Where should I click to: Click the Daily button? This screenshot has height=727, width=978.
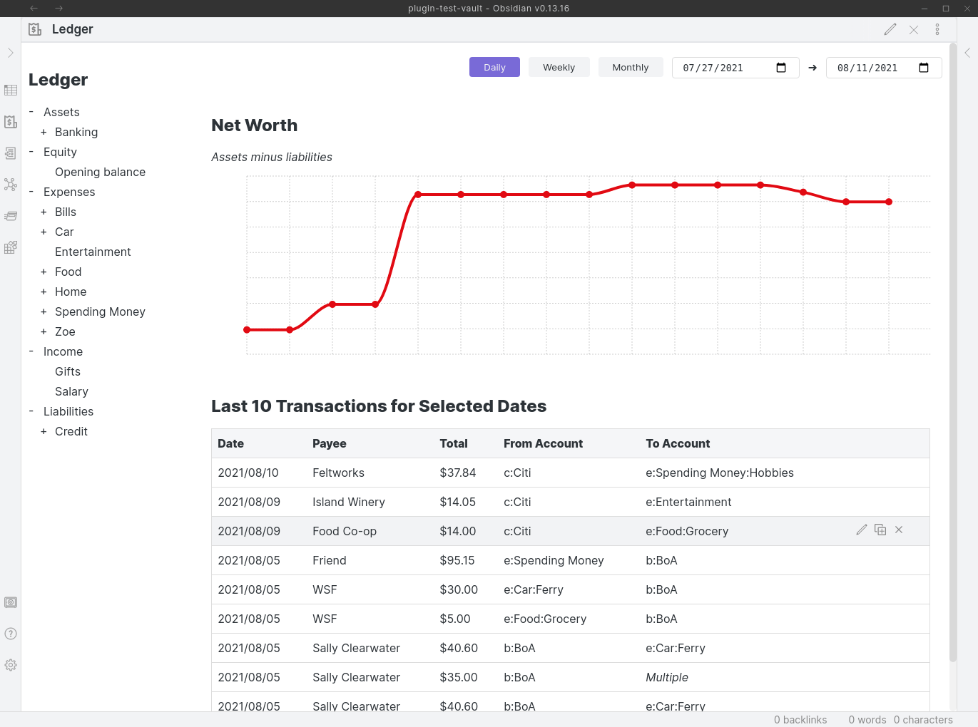(494, 67)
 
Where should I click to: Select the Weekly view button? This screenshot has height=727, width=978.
(559, 67)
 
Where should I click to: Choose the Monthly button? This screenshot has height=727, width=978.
(630, 67)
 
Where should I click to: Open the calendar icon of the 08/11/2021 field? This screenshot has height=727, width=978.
(924, 68)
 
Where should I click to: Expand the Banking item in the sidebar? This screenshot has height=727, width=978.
(76, 132)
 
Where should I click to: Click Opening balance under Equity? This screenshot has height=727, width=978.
(100, 172)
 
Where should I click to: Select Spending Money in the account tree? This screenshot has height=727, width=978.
(100, 311)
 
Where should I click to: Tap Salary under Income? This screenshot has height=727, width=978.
(71, 391)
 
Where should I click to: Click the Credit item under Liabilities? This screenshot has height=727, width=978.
(71, 431)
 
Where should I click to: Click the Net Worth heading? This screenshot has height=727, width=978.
(254, 125)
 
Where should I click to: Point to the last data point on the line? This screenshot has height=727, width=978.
(889, 202)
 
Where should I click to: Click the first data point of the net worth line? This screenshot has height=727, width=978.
(247, 330)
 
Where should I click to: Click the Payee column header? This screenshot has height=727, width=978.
(329, 443)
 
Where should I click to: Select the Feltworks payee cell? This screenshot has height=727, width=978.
(338, 473)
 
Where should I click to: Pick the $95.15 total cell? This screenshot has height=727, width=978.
(457, 560)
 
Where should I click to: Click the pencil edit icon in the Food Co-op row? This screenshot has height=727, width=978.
(862, 530)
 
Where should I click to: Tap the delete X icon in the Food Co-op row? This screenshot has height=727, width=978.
(899, 530)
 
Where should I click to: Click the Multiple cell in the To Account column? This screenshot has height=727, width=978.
(666, 677)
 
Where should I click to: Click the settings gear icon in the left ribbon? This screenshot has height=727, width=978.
(11, 665)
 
